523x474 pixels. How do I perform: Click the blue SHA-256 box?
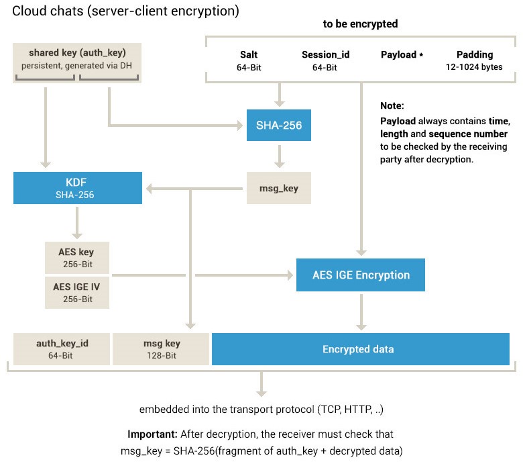[x=279, y=125]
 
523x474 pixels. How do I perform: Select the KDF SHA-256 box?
[x=78, y=188]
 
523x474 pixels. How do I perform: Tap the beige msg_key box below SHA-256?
[x=279, y=188]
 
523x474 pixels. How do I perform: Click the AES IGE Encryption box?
[x=361, y=275]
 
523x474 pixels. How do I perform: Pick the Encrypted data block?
[x=361, y=349]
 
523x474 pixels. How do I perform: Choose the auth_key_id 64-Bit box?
[x=62, y=349]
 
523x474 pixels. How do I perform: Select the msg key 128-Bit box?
[x=161, y=349]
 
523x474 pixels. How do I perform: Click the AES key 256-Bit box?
[x=77, y=258]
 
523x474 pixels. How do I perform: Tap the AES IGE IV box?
[x=77, y=292]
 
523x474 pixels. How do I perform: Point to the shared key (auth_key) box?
[x=77, y=63]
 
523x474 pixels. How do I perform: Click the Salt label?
[x=249, y=54]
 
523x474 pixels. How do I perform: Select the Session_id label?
[x=326, y=54]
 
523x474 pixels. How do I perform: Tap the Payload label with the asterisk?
[x=402, y=54]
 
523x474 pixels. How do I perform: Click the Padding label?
[x=475, y=54]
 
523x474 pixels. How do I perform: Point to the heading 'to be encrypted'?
[x=360, y=23]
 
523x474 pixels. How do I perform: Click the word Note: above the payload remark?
[x=392, y=105]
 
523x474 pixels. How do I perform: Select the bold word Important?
[x=152, y=434]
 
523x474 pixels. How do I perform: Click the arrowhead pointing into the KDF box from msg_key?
[x=149, y=189]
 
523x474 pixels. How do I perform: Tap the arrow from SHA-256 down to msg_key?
[x=280, y=156]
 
